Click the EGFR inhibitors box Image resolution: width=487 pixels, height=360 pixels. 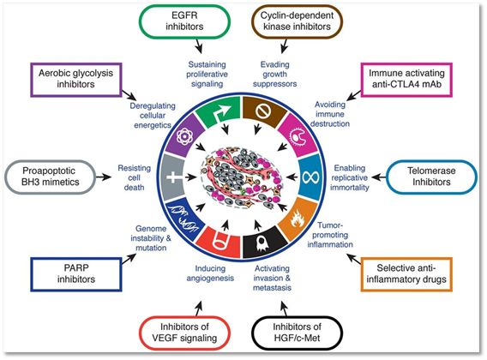point(184,21)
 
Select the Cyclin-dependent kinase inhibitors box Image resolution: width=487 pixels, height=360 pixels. point(297,21)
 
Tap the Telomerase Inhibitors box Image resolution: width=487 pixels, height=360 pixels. point(431,176)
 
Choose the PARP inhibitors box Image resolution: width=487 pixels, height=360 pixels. point(76,274)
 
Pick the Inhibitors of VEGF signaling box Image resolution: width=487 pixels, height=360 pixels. point(184,333)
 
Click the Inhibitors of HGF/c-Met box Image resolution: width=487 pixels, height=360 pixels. point(297,333)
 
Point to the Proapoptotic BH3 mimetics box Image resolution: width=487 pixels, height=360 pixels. point(50,177)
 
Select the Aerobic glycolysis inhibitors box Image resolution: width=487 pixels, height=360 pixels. point(76,79)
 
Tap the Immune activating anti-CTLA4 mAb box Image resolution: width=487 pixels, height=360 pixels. point(406,79)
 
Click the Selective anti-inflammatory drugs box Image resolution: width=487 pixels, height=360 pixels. point(406,274)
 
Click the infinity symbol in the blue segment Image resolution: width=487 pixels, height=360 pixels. point(310,177)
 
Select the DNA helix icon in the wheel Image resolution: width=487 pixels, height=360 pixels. point(183,219)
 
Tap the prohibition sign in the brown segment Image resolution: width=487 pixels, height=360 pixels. point(264,111)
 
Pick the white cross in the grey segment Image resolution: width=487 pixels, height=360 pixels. point(175,177)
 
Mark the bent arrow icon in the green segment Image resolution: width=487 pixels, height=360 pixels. point(222,114)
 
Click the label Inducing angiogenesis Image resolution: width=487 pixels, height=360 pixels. point(210,273)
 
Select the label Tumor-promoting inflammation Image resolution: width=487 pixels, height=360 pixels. point(330,235)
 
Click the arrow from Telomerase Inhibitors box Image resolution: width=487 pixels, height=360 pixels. point(378,177)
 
